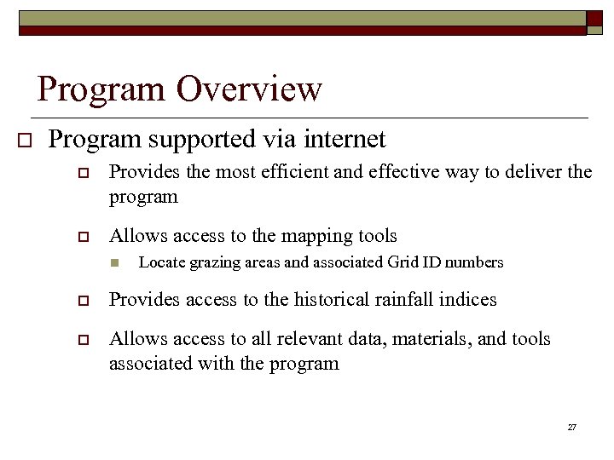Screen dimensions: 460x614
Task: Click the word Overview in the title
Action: tap(249, 89)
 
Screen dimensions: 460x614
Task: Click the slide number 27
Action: tap(571, 427)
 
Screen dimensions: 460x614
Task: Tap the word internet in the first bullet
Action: tap(340, 139)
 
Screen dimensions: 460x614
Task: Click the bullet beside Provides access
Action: tap(84, 301)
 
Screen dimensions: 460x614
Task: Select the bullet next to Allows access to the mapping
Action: tap(84, 237)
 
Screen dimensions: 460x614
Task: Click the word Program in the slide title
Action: tap(101, 89)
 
